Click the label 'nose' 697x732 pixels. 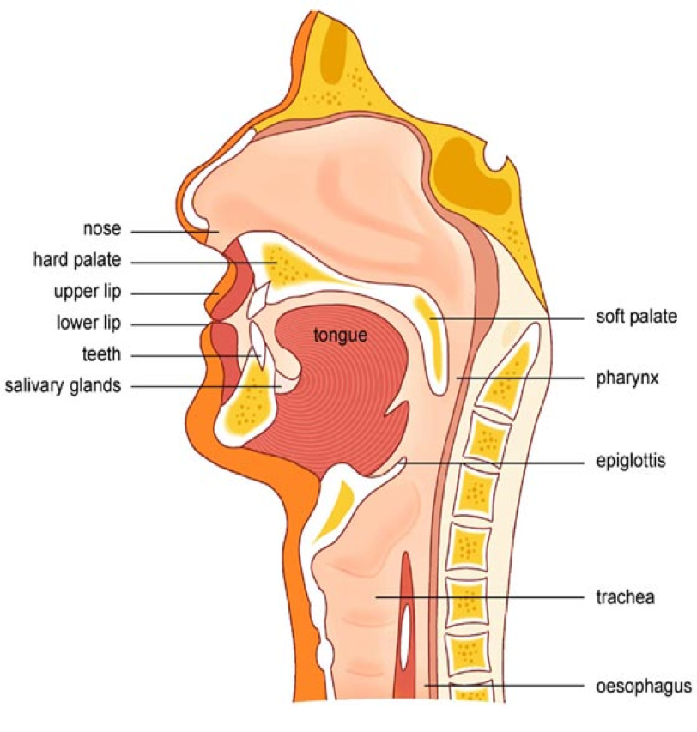(x=101, y=230)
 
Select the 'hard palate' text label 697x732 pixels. (x=77, y=260)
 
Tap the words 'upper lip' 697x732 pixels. (x=88, y=293)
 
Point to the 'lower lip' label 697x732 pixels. (x=89, y=324)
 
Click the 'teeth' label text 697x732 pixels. (x=102, y=354)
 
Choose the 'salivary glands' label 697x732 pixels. (x=63, y=385)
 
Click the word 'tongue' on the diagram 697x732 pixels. (x=340, y=335)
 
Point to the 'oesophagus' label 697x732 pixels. (x=643, y=687)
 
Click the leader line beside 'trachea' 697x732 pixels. (x=481, y=596)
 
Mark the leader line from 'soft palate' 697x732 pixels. (x=506, y=317)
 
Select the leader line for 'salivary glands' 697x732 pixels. (x=206, y=386)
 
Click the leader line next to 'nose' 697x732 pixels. (x=172, y=231)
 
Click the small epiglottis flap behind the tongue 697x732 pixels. (x=401, y=464)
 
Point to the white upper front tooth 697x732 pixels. (x=256, y=306)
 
